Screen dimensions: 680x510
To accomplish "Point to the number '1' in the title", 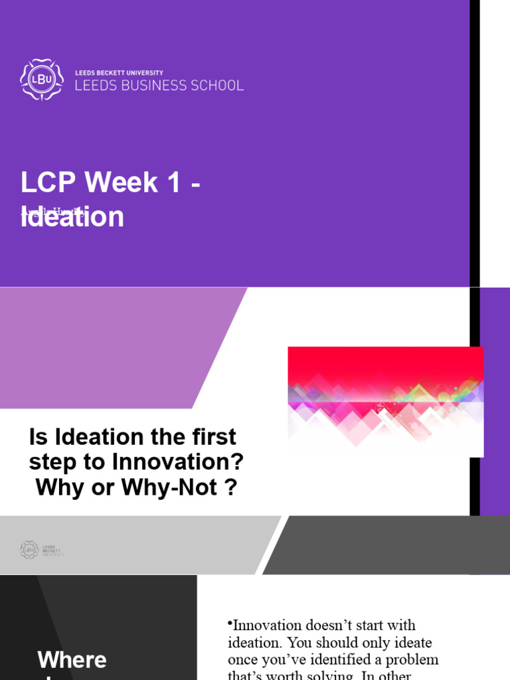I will tap(173, 183).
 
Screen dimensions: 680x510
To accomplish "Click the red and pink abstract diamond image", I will tap(385, 401).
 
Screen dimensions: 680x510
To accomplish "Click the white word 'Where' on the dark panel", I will tap(72, 660).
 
